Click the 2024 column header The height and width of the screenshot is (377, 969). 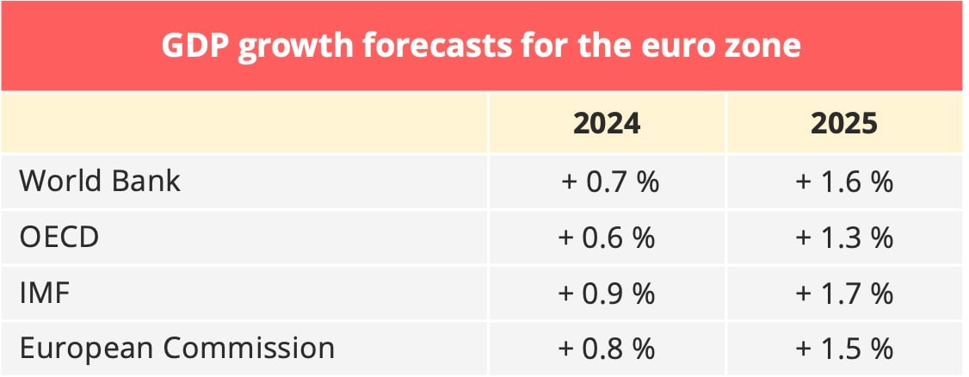(607, 123)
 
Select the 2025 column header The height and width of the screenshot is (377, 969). (844, 123)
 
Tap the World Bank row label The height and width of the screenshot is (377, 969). (100, 182)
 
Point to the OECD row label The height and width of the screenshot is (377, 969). (59, 238)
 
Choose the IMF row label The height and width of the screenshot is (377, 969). (44, 294)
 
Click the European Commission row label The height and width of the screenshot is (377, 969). (176, 349)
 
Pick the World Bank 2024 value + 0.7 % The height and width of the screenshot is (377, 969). (608, 182)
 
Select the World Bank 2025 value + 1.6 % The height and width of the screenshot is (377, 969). (844, 182)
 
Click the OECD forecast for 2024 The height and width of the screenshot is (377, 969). (608, 238)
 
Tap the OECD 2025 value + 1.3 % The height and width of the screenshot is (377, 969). (844, 238)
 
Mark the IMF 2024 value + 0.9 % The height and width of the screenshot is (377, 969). (608, 294)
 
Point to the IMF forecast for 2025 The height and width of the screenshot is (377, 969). (844, 294)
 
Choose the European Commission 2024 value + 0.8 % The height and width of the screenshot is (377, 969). (608, 349)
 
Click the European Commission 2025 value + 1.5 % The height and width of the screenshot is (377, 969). (844, 349)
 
